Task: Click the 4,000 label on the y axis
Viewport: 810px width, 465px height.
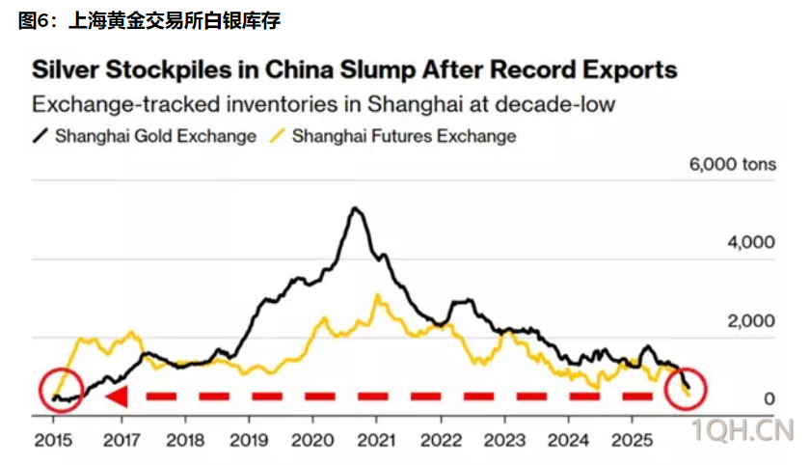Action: click(750, 242)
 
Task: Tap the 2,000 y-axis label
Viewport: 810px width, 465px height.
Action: click(750, 320)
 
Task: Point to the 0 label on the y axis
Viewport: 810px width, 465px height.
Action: click(769, 398)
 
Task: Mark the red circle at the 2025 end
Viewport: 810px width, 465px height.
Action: click(686, 387)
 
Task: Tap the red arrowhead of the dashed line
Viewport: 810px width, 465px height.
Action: click(117, 397)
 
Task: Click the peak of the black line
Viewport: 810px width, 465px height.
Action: click(356, 208)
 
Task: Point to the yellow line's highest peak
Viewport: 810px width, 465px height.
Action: click(378, 295)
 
